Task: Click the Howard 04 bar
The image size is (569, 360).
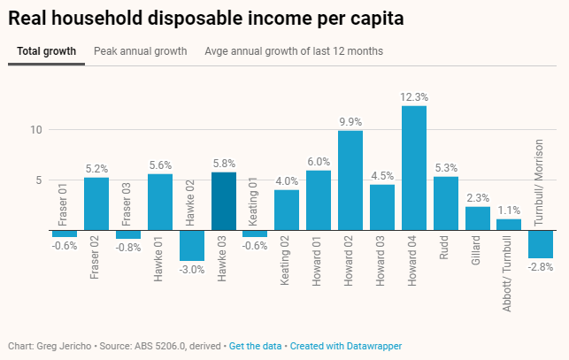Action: (414, 168)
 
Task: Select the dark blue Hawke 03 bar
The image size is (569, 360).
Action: (224, 202)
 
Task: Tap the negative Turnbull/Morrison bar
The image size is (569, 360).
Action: (541, 244)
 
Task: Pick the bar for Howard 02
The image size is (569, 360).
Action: (350, 180)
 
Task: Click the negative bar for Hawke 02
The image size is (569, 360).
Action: (192, 245)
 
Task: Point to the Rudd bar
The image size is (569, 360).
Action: (446, 203)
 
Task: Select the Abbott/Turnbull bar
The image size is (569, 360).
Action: (509, 225)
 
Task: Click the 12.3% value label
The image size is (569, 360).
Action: (414, 97)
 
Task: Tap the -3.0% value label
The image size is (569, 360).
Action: (192, 269)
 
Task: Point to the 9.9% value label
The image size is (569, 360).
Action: (350, 122)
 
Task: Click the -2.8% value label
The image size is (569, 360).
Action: (541, 266)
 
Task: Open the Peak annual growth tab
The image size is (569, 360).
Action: (141, 51)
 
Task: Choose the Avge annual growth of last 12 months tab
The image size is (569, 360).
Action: (294, 51)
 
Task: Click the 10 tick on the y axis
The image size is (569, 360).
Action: (36, 129)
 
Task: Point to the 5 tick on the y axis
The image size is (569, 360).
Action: (39, 180)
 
